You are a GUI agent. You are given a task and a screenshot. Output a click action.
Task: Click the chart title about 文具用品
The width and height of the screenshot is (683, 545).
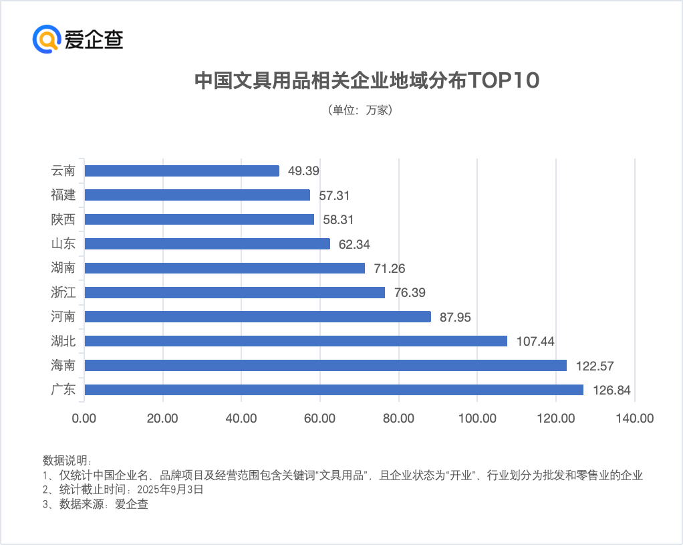pos(366,80)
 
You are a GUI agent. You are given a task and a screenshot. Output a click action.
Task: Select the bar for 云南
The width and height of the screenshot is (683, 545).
pos(182,171)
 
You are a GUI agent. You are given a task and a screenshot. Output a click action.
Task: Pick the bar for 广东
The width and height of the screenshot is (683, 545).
pos(333,389)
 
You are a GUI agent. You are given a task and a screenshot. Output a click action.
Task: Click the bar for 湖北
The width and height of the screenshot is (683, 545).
pos(295,341)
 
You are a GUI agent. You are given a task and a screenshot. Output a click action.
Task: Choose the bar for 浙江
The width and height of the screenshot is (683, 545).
pos(235,292)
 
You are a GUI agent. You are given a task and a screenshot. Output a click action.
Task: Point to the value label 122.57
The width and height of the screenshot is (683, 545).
pos(595,366)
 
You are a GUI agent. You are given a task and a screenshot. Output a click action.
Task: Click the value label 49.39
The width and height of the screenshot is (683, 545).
pos(303,171)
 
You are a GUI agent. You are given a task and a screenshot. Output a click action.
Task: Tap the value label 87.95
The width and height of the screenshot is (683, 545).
pos(455,317)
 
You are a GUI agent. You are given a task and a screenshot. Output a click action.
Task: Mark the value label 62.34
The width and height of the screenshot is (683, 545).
pos(354,244)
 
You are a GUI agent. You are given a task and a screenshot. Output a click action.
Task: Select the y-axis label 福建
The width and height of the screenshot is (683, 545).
pos(63,195)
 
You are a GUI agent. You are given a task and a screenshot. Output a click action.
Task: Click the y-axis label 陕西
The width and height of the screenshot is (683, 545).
pos(63,219)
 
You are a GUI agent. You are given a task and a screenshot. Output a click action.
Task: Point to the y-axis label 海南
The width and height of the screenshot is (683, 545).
pos(63,365)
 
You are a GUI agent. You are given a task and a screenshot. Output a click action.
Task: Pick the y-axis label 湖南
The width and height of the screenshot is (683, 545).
pos(63,268)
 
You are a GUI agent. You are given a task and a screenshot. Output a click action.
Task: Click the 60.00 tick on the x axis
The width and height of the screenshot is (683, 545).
pos(319,419)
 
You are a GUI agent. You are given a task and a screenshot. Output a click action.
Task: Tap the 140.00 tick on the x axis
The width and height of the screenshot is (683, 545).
pos(634,419)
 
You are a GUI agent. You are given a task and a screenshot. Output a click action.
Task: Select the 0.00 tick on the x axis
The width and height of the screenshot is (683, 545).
pos(84,419)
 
